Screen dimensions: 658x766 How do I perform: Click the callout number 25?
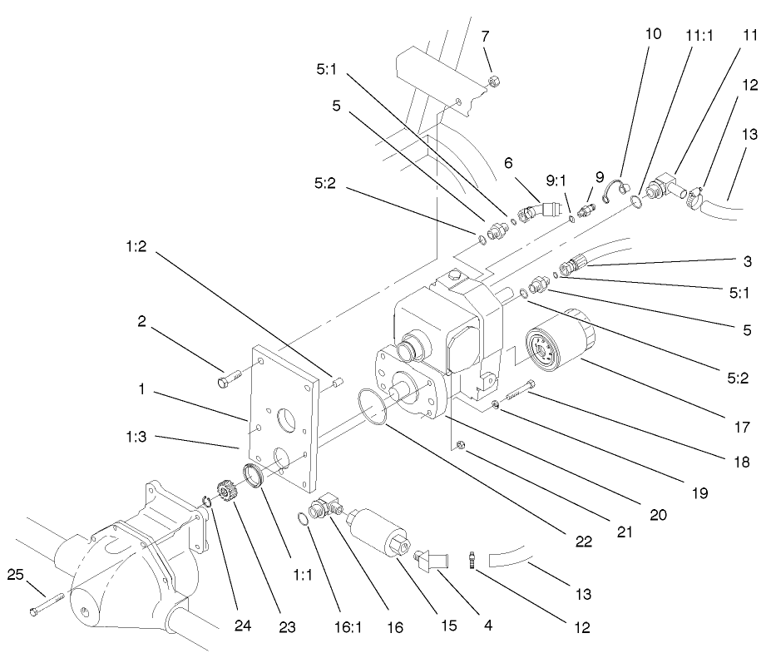click(x=15, y=573)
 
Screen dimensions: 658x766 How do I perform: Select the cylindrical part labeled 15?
click(x=374, y=527)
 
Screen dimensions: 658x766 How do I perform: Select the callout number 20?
click(x=659, y=515)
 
